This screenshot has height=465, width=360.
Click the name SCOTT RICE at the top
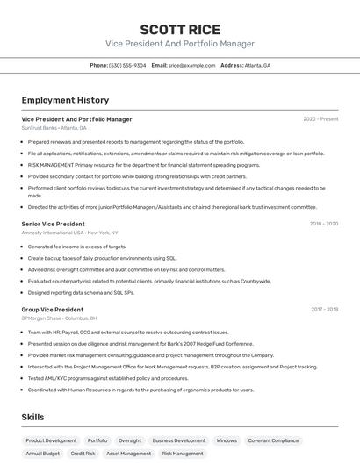tap(180, 30)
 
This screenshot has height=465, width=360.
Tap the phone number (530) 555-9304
tap(127, 65)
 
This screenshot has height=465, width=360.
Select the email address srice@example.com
tap(191, 65)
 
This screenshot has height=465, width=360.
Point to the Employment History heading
tap(65, 100)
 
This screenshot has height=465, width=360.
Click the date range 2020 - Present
tap(320, 119)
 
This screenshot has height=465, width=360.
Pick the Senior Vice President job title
tap(54, 224)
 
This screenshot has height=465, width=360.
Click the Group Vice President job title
tap(53, 310)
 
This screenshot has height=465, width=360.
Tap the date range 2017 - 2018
tap(324, 310)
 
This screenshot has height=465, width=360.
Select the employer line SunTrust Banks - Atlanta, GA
tap(54, 128)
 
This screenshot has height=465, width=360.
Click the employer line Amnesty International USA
tap(69, 232)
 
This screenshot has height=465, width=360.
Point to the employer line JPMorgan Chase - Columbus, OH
tap(59, 318)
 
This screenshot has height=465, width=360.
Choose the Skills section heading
tap(32, 417)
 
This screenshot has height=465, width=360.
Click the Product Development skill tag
tap(51, 440)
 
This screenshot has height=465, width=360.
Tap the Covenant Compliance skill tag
tap(273, 440)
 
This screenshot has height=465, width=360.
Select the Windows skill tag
tap(227, 440)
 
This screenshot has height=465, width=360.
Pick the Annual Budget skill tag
tap(43, 454)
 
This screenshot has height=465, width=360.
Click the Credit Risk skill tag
tap(83, 454)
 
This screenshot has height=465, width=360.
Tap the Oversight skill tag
tap(130, 440)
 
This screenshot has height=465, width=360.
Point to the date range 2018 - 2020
tap(324, 224)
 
